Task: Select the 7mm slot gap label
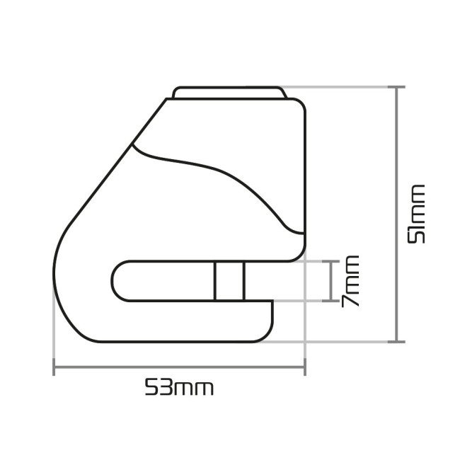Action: tap(350, 281)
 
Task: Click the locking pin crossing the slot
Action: tap(229, 280)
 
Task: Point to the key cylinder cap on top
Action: tap(229, 92)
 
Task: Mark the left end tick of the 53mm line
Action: tap(54, 368)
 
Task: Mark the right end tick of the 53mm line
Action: tap(305, 368)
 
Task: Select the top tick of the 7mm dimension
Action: tap(330, 261)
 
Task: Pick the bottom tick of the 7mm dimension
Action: tap(330, 300)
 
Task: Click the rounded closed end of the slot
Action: tap(115, 280)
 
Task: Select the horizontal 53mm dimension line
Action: tap(180, 368)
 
